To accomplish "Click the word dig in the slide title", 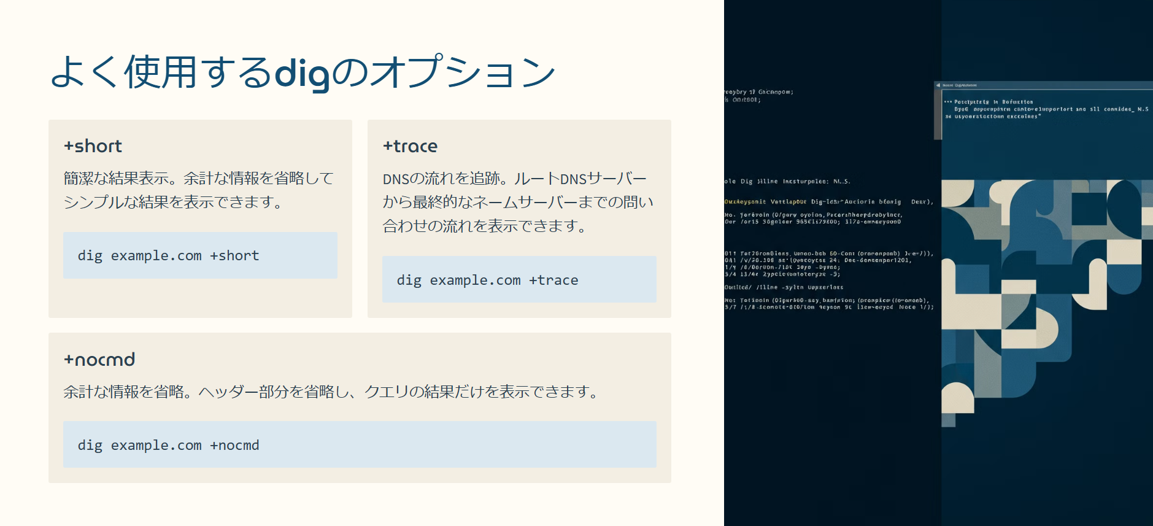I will pyautogui.click(x=301, y=73).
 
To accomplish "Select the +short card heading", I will pyautogui.click(x=93, y=146).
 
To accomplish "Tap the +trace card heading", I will pyautogui.click(x=411, y=146).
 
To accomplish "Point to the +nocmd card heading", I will pyautogui.click(x=99, y=360).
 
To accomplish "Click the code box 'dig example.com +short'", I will pyautogui.click(x=200, y=255).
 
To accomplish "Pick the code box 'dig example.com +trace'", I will pyautogui.click(x=519, y=280).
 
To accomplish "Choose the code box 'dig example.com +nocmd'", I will pyautogui.click(x=360, y=445).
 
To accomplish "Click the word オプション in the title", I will pyautogui.click(x=464, y=73).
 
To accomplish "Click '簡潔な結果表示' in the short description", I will pyautogui.click(x=116, y=179).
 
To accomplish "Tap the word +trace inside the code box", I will pyautogui.click(x=553, y=280).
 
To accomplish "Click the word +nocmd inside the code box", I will pyautogui.click(x=234, y=446).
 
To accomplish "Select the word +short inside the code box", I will pyautogui.click(x=234, y=256).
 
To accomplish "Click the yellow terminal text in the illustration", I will pyautogui.click(x=746, y=201).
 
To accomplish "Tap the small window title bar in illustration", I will pyautogui.click(x=1043, y=85).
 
